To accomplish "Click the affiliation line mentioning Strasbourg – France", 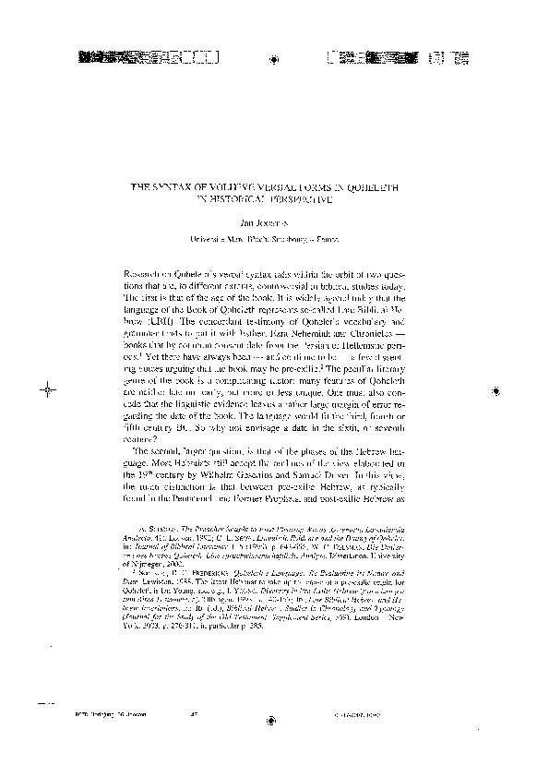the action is [274, 239].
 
